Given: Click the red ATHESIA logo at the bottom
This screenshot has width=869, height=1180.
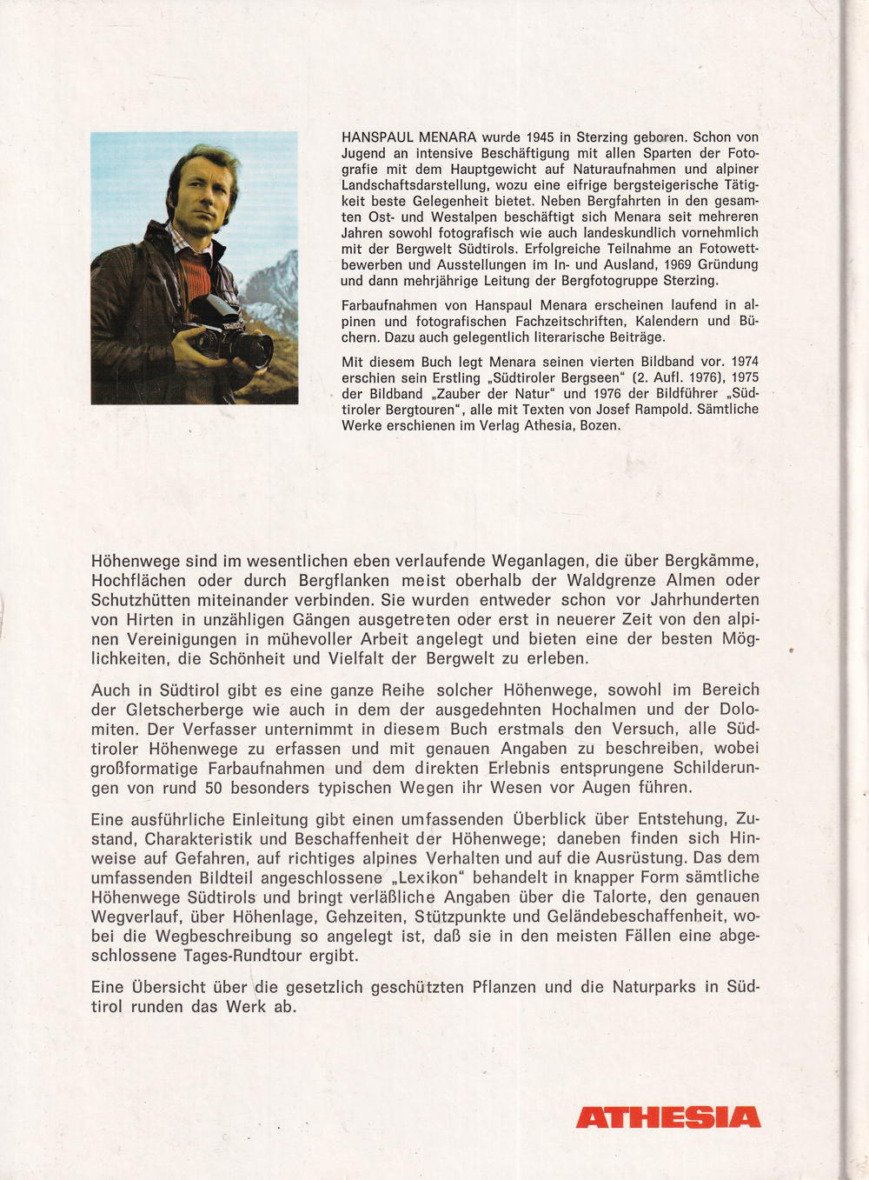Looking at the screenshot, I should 667,1117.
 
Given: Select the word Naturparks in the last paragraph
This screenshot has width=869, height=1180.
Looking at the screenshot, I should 648,987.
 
